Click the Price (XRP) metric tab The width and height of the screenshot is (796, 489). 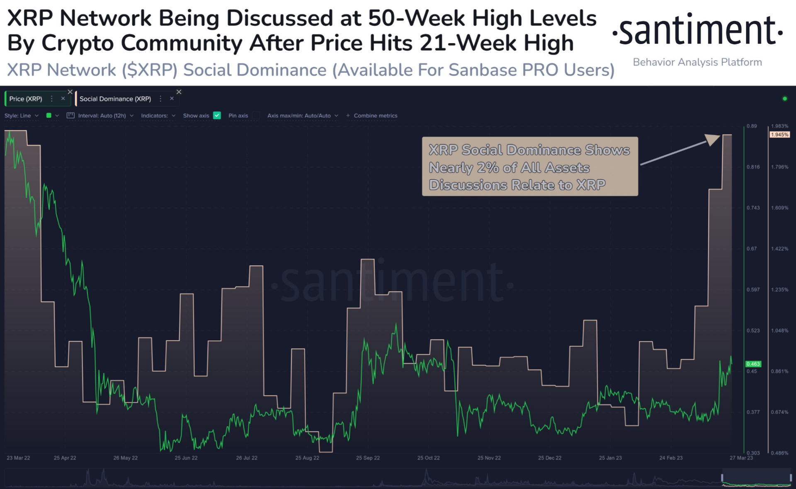coord(26,99)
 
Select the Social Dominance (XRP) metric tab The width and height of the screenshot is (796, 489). coord(115,99)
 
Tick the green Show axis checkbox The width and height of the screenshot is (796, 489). coord(217,115)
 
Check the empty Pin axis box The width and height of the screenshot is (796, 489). coord(256,115)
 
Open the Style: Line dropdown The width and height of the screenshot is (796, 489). coord(21,115)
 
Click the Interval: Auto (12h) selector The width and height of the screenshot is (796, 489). coord(102,115)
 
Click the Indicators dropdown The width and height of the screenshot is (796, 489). coord(158,115)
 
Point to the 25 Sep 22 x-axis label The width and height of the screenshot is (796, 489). coord(368,458)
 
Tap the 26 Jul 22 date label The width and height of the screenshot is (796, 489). coord(247,458)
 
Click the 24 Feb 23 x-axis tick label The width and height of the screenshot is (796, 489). coord(671,458)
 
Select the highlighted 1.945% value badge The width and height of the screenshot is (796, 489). coord(779,134)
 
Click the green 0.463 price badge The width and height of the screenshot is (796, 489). coord(753,364)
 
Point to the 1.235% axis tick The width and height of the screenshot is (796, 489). coord(779,290)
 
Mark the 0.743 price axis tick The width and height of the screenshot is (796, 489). coord(753,208)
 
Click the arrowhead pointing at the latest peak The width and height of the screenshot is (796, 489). coord(713,139)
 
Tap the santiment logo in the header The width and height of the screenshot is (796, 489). coord(698,30)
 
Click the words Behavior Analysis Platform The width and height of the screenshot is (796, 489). coord(697,62)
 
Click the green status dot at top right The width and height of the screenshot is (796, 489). coord(784,99)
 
